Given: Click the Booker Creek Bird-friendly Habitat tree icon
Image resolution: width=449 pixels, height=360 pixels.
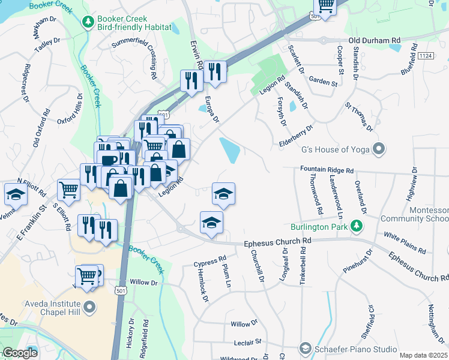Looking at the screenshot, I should [89, 22].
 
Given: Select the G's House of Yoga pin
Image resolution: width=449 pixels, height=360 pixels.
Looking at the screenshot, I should [379, 149].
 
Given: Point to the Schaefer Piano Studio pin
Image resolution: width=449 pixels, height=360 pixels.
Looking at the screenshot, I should [306, 349].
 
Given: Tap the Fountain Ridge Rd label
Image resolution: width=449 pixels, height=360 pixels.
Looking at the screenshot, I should [327, 170].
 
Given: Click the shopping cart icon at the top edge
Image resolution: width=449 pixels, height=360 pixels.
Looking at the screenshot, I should [325, 6].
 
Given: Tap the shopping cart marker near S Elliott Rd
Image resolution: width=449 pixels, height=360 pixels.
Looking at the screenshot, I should [69, 190].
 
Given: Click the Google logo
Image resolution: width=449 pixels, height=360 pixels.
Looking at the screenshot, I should [20, 353].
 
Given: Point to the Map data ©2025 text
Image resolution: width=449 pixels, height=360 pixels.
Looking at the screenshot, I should [423, 355].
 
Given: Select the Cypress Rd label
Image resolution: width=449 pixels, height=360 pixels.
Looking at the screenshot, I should [210, 262].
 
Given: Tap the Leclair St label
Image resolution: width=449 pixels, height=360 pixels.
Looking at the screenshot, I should [250, 342].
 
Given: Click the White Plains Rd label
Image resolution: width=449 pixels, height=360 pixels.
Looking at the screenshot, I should [405, 242].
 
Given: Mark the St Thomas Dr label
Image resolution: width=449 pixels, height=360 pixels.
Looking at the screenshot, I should [359, 116].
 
